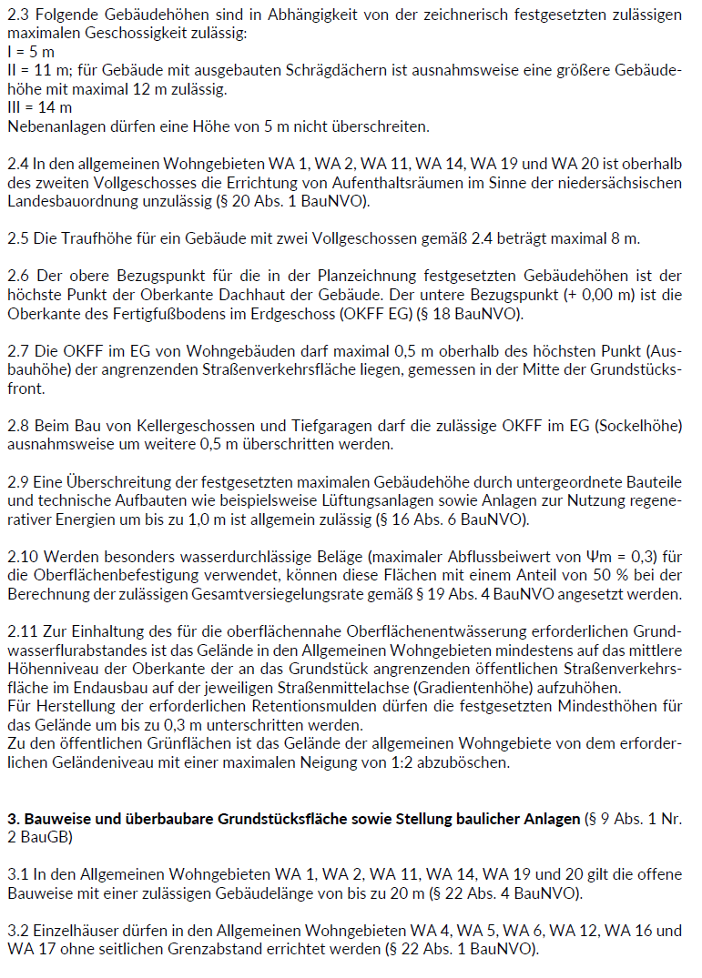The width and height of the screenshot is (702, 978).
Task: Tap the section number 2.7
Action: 18,351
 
